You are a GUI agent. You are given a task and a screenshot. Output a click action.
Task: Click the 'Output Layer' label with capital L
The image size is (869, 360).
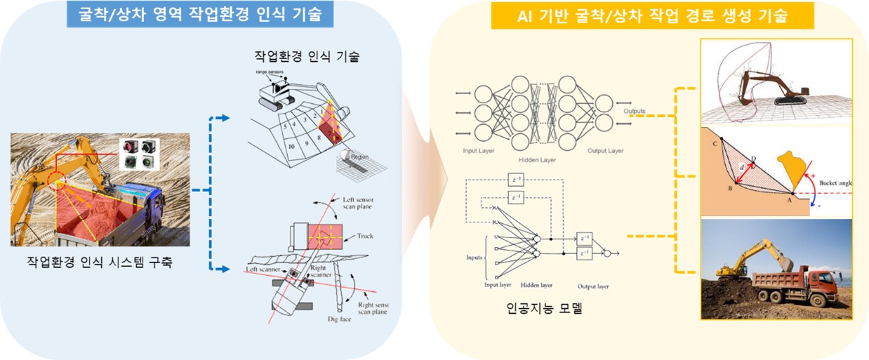[x=606, y=151]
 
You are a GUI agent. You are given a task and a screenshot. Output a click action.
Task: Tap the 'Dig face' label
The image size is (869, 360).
[x=340, y=319]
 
